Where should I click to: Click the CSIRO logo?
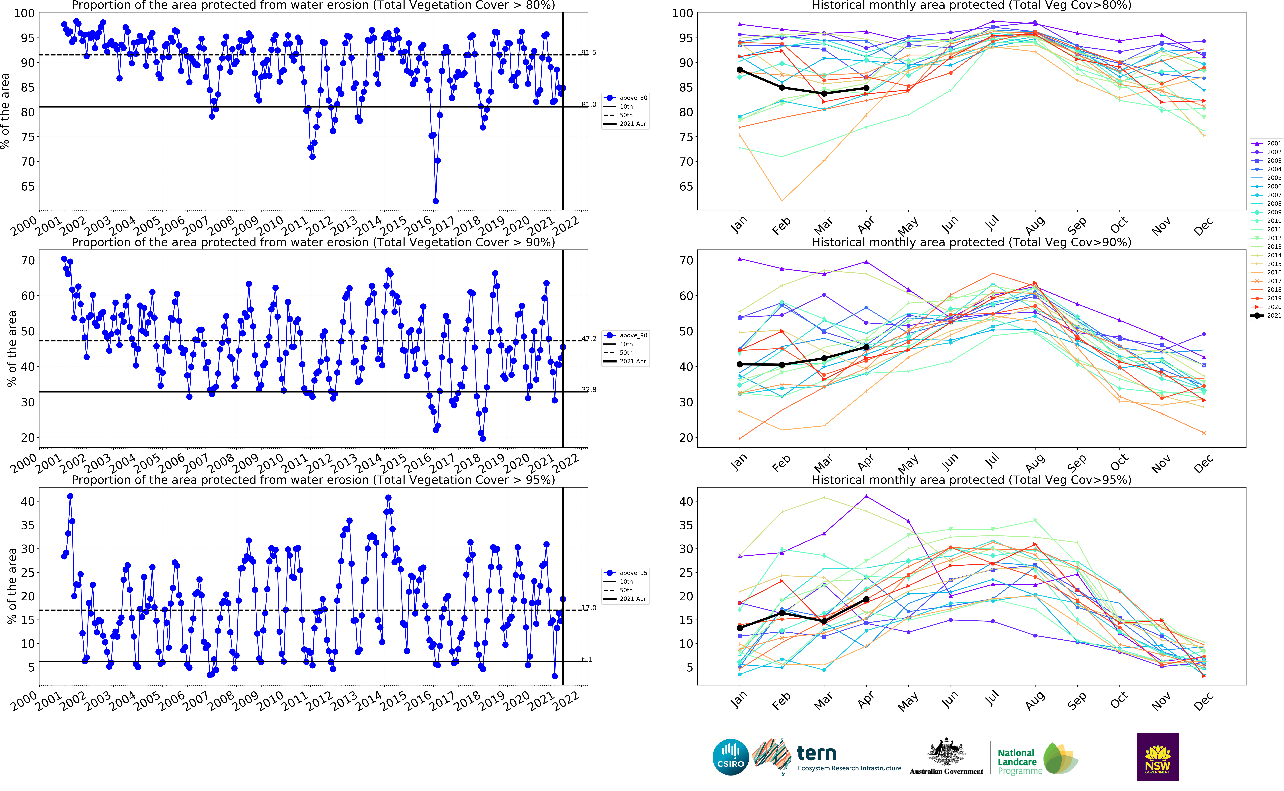click(730, 757)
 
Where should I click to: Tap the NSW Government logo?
click(1157, 757)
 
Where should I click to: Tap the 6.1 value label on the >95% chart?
click(587, 659)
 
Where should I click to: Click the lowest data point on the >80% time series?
click(435, 201)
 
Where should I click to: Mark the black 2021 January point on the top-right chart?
click(739, 70)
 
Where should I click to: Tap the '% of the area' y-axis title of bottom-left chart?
click(12, 586)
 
